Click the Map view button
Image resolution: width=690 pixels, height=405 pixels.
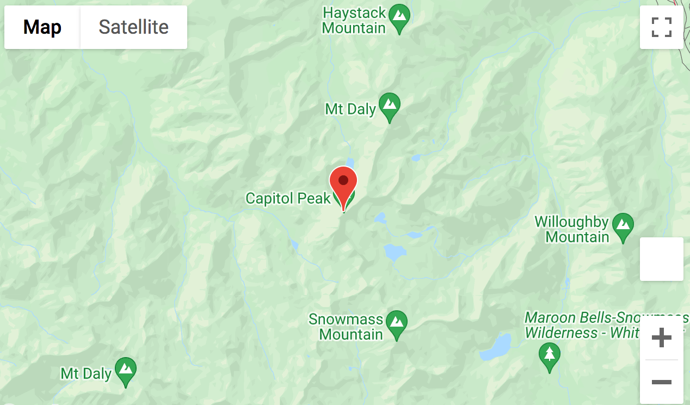coord(42,27)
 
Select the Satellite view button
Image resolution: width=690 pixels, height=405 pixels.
coord(133,27)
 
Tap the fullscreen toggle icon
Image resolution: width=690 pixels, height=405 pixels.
coord(661,27)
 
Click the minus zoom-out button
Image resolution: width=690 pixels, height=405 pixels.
coord(661,382)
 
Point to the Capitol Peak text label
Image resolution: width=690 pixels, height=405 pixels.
coord(288,198)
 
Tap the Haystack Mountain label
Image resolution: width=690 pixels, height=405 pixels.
coord(354,20)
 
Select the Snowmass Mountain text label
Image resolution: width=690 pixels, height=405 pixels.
coord(346,326)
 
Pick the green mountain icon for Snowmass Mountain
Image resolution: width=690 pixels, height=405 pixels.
coord(397,322)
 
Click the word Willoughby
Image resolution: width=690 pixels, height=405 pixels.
coord(571,222)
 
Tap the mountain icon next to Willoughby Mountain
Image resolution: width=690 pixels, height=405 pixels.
coord(623,225)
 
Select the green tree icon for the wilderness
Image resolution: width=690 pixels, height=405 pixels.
coord(549,354)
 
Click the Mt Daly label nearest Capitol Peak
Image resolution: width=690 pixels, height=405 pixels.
coord(350,109)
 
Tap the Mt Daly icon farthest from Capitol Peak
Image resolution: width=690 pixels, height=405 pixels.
coord(126,370)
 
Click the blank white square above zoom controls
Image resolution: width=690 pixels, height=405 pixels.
coord(661,259)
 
